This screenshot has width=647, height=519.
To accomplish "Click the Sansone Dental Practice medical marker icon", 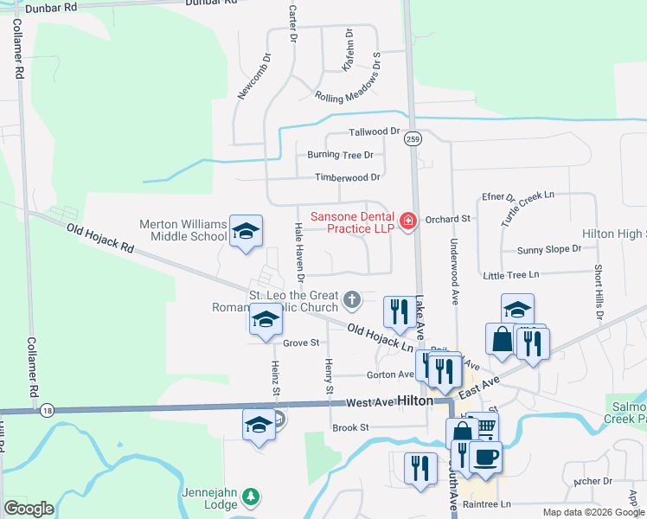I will point(407,221).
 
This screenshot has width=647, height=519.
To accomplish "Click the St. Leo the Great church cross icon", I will point(351,300).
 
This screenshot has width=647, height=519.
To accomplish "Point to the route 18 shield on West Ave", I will point(46,411).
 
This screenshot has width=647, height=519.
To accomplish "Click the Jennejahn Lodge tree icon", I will point(250,497).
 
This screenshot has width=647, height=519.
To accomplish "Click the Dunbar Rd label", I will point(52,7).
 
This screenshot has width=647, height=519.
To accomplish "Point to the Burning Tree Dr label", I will point(340,156).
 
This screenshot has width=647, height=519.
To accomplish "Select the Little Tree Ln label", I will point(510,274).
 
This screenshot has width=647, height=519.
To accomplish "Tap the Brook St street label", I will point(351,427).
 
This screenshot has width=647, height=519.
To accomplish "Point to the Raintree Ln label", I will point(488,503).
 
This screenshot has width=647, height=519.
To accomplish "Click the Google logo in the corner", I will point(29,509).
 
